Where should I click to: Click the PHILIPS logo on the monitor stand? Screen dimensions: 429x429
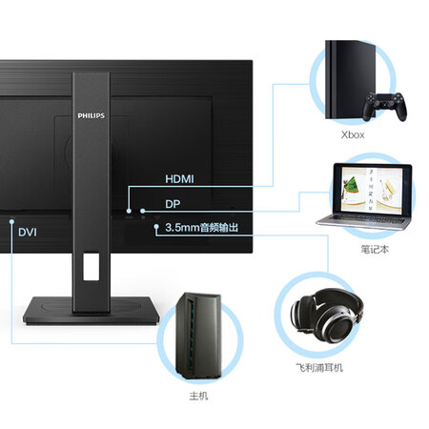[92, 115]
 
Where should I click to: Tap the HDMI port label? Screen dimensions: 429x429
[179, 179]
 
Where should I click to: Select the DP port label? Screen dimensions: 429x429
[173, 204]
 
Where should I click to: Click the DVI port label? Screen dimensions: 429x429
[28, 233]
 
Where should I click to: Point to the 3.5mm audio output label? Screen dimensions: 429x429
[201, 228]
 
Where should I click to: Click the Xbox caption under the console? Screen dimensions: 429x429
[353, 135]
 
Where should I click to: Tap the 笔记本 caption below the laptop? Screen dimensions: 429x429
[375, 249]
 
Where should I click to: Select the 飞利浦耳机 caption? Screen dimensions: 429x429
[319, 368]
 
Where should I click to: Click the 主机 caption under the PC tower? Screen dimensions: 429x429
[198, 396]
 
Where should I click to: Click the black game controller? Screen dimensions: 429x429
[385, 106]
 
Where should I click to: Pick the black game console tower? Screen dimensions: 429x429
[350, 79]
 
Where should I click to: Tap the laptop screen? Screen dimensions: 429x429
[372, 190]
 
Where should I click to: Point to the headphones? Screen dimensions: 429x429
[327, 316]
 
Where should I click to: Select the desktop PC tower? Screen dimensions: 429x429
[198, 336]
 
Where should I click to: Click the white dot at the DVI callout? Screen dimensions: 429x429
[11, 221]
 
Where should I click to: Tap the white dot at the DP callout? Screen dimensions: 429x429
[143, 211]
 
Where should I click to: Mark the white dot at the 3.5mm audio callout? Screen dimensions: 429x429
[156, 227]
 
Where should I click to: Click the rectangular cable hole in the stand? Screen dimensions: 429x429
[92, 267]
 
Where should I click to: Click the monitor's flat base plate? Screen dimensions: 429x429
[92, 311]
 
